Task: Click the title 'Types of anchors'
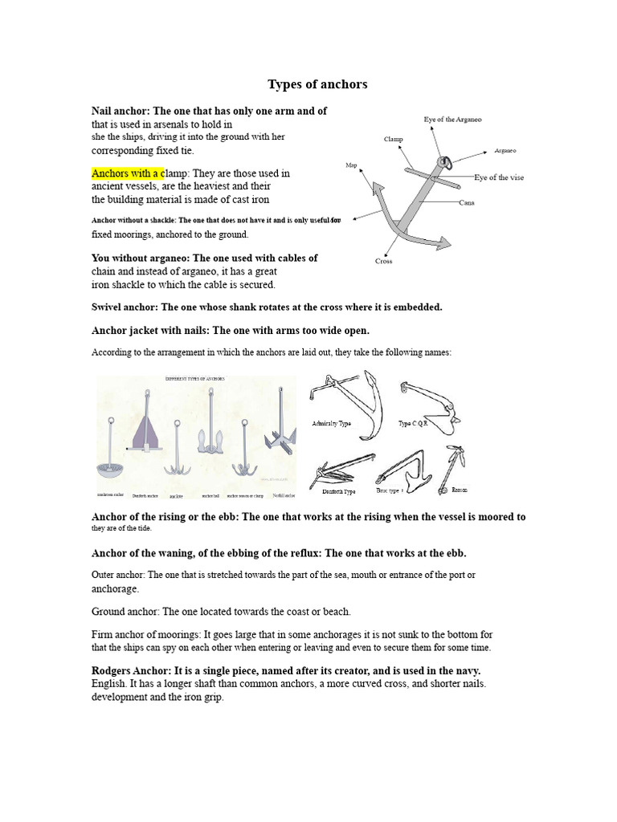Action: (x=317, y=84)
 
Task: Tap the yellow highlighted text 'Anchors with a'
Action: (x=127, y=173)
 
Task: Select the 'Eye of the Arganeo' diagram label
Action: (x=452, y=120)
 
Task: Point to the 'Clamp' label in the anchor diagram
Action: (x=393, y=139)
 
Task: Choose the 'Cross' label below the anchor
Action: (x=383, y=262)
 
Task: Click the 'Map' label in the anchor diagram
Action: (x=350, y=165)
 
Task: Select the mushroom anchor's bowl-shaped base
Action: (x=113, y=468)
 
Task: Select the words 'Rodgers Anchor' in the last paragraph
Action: (x=131, y=670)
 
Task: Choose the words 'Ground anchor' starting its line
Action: (x=125, y=612)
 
